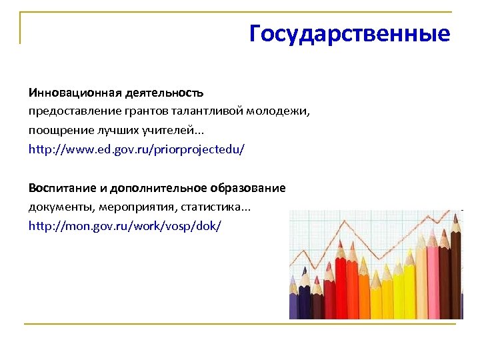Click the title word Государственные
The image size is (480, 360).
click(x=349, y=33)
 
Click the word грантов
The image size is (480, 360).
click(x=137, y=110)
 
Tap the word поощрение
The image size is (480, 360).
click(x=57, y=129)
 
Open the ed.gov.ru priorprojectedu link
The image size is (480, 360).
click(x=137, y=149)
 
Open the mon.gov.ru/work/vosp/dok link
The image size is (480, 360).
click(x=124, y=226)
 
